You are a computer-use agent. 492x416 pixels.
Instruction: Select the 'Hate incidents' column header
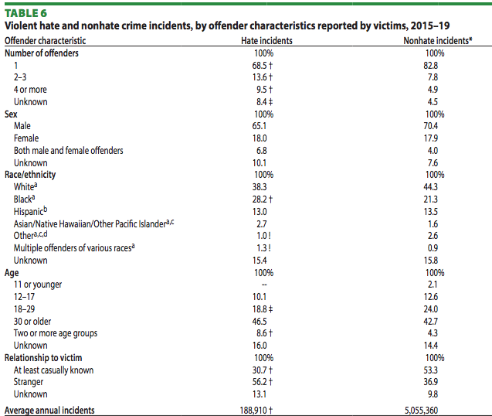coord(265,41)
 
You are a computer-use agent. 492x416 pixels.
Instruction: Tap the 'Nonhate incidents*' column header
coord(436,41)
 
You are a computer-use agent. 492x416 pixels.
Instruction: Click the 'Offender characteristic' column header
coord(46,41)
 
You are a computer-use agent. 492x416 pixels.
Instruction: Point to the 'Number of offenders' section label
coord(42,53)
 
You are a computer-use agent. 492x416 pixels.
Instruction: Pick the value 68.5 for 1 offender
coord(263,66)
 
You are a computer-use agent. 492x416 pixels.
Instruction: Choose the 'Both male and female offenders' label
coord(68,150)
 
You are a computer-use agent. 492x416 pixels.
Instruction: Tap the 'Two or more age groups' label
coord(56,333)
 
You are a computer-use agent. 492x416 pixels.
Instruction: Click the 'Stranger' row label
coord(29,382)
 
